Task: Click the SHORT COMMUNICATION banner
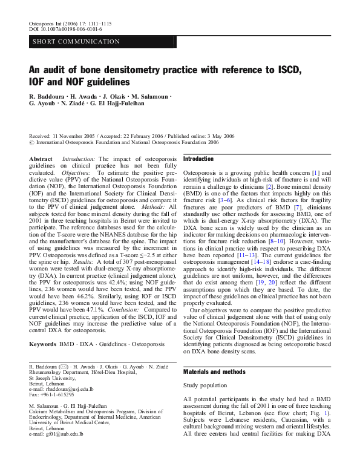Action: click(76, 41)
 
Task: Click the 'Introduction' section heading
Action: click(198, 159)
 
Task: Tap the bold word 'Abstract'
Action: click(41, 159)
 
